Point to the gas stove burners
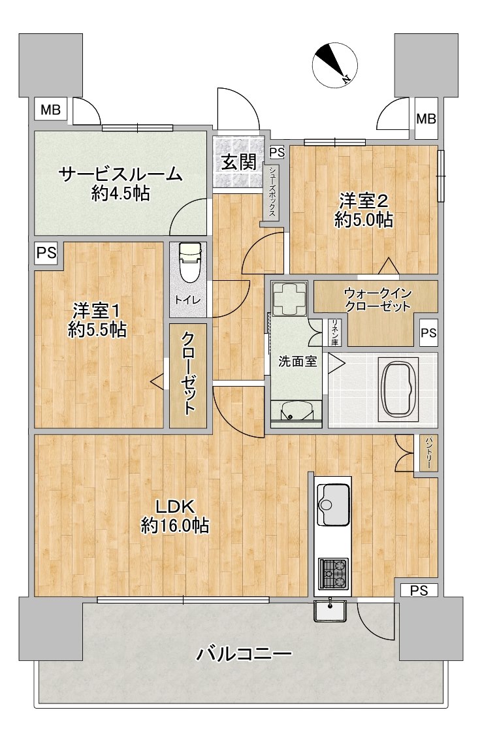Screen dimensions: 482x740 coord(333,573)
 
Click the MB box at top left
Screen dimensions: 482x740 coord(50,110)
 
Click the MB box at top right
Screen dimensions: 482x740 coord(426,118)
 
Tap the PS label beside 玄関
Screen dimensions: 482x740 coord(277,152)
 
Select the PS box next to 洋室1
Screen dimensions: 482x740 coord(46,253)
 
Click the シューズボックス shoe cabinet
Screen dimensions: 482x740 coord(272,193)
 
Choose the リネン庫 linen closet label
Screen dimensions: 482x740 coord(334,332)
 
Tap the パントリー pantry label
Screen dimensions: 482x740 coord(430,453)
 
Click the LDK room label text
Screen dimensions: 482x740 coord(175,507)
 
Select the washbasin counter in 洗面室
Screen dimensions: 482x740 coord(297,411)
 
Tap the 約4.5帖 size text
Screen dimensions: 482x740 coord(120,193)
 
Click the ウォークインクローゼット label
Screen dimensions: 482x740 coord(378,299)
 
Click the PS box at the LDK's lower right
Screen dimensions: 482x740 coord(419,590)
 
